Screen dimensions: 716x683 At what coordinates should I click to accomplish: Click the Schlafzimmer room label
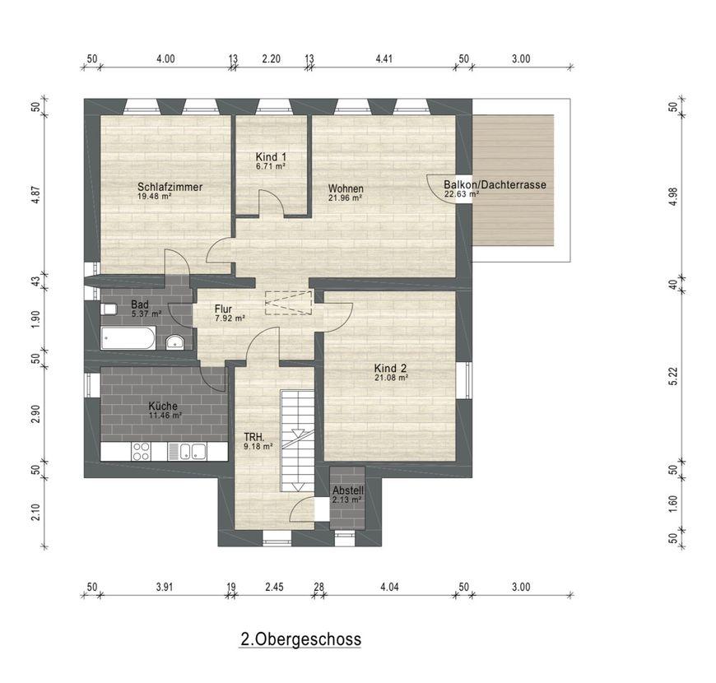click(170, 187)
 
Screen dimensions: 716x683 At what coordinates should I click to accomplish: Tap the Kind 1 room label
click(271, 157)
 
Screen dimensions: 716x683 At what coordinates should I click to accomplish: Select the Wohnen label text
click(346, 188)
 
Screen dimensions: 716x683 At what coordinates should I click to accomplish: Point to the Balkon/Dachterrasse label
click(495, 185)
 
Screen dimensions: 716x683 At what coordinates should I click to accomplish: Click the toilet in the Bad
click(108, 309)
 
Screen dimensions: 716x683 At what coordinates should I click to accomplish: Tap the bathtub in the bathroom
click(128, 338)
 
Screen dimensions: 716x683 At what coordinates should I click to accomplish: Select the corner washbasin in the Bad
click(174, 341)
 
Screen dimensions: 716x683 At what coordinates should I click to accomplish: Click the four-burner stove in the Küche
click(141, 451)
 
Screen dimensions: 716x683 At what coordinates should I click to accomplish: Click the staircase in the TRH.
click(297, 440)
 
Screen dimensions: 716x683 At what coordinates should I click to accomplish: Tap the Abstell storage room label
click(348, 490)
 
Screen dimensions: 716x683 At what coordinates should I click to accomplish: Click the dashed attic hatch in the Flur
click(288, 303)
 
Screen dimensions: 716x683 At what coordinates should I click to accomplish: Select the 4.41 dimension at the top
click(384, 59)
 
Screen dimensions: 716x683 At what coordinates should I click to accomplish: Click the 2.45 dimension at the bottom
click(274, 587)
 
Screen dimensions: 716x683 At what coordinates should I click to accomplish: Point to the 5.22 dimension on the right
click(672, 377)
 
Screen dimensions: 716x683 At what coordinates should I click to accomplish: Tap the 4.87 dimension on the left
click(36, 194)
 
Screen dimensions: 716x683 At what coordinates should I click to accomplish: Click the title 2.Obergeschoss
click(301, 639)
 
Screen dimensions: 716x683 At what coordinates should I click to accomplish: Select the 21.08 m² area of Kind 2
click(391, 378)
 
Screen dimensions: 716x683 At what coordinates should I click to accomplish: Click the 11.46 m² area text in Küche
click(165, 416)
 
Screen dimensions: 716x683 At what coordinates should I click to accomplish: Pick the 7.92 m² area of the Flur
click(230, 318)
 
